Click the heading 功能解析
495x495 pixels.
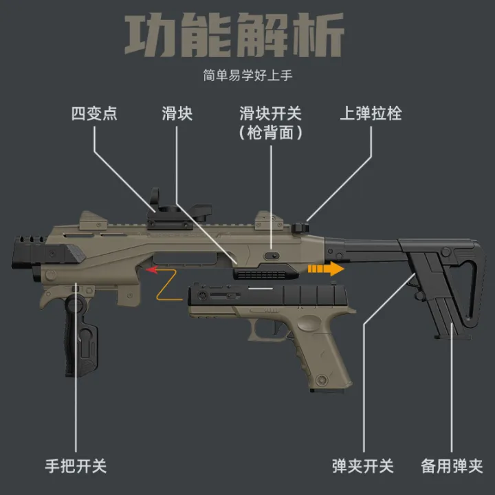pos(234,35)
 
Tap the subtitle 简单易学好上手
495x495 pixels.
pos(247,76)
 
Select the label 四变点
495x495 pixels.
pos(94,113)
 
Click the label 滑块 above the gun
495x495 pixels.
pos(177,113)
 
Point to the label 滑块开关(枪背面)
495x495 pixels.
pos(271,123)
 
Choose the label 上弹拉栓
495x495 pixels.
pos(371,113)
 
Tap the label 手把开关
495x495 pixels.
pos(76,466)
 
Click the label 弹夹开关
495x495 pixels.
pos(363,466)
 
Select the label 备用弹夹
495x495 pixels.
pos(452,466)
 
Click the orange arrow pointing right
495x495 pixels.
pos(326,269)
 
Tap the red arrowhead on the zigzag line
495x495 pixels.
pos(152,270)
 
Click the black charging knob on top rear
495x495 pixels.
pos(300,228)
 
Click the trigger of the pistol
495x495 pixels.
pos(277,328)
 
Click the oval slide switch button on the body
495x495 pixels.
pos(272,255)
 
